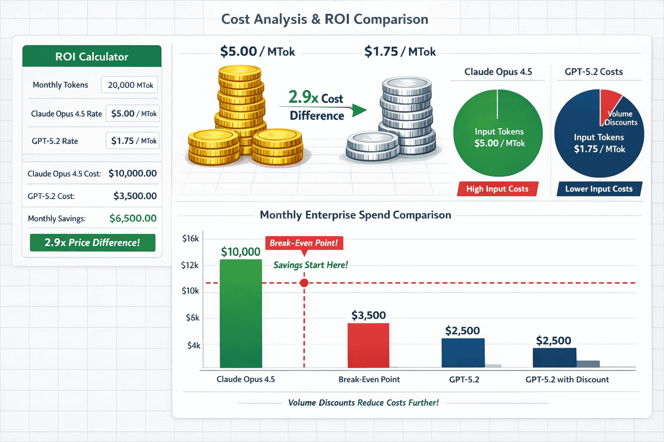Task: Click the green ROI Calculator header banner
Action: [x=92, y=57]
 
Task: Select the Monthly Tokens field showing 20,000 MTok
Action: [x=130, y=85]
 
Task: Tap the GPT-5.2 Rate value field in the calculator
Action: [x=133, y=141]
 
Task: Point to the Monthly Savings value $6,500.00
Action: [x=133, y=218]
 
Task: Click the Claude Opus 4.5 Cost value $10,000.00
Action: [x=132, y=174]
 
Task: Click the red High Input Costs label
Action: [x=497, y=189]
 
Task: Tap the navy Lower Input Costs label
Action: [x=599, y=189]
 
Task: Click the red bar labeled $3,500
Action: [x=368, y=345]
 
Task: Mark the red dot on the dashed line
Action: [x=304, y=283]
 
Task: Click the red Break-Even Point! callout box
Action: [x=304, y=243]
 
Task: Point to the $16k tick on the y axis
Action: [x=190, y=238]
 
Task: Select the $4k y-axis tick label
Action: [x=193, y=345]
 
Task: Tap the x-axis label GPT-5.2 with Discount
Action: [x=567, y=379]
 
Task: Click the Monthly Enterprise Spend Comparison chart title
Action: [x=355, y=215]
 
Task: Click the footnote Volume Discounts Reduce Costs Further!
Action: [x=363, y=403]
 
